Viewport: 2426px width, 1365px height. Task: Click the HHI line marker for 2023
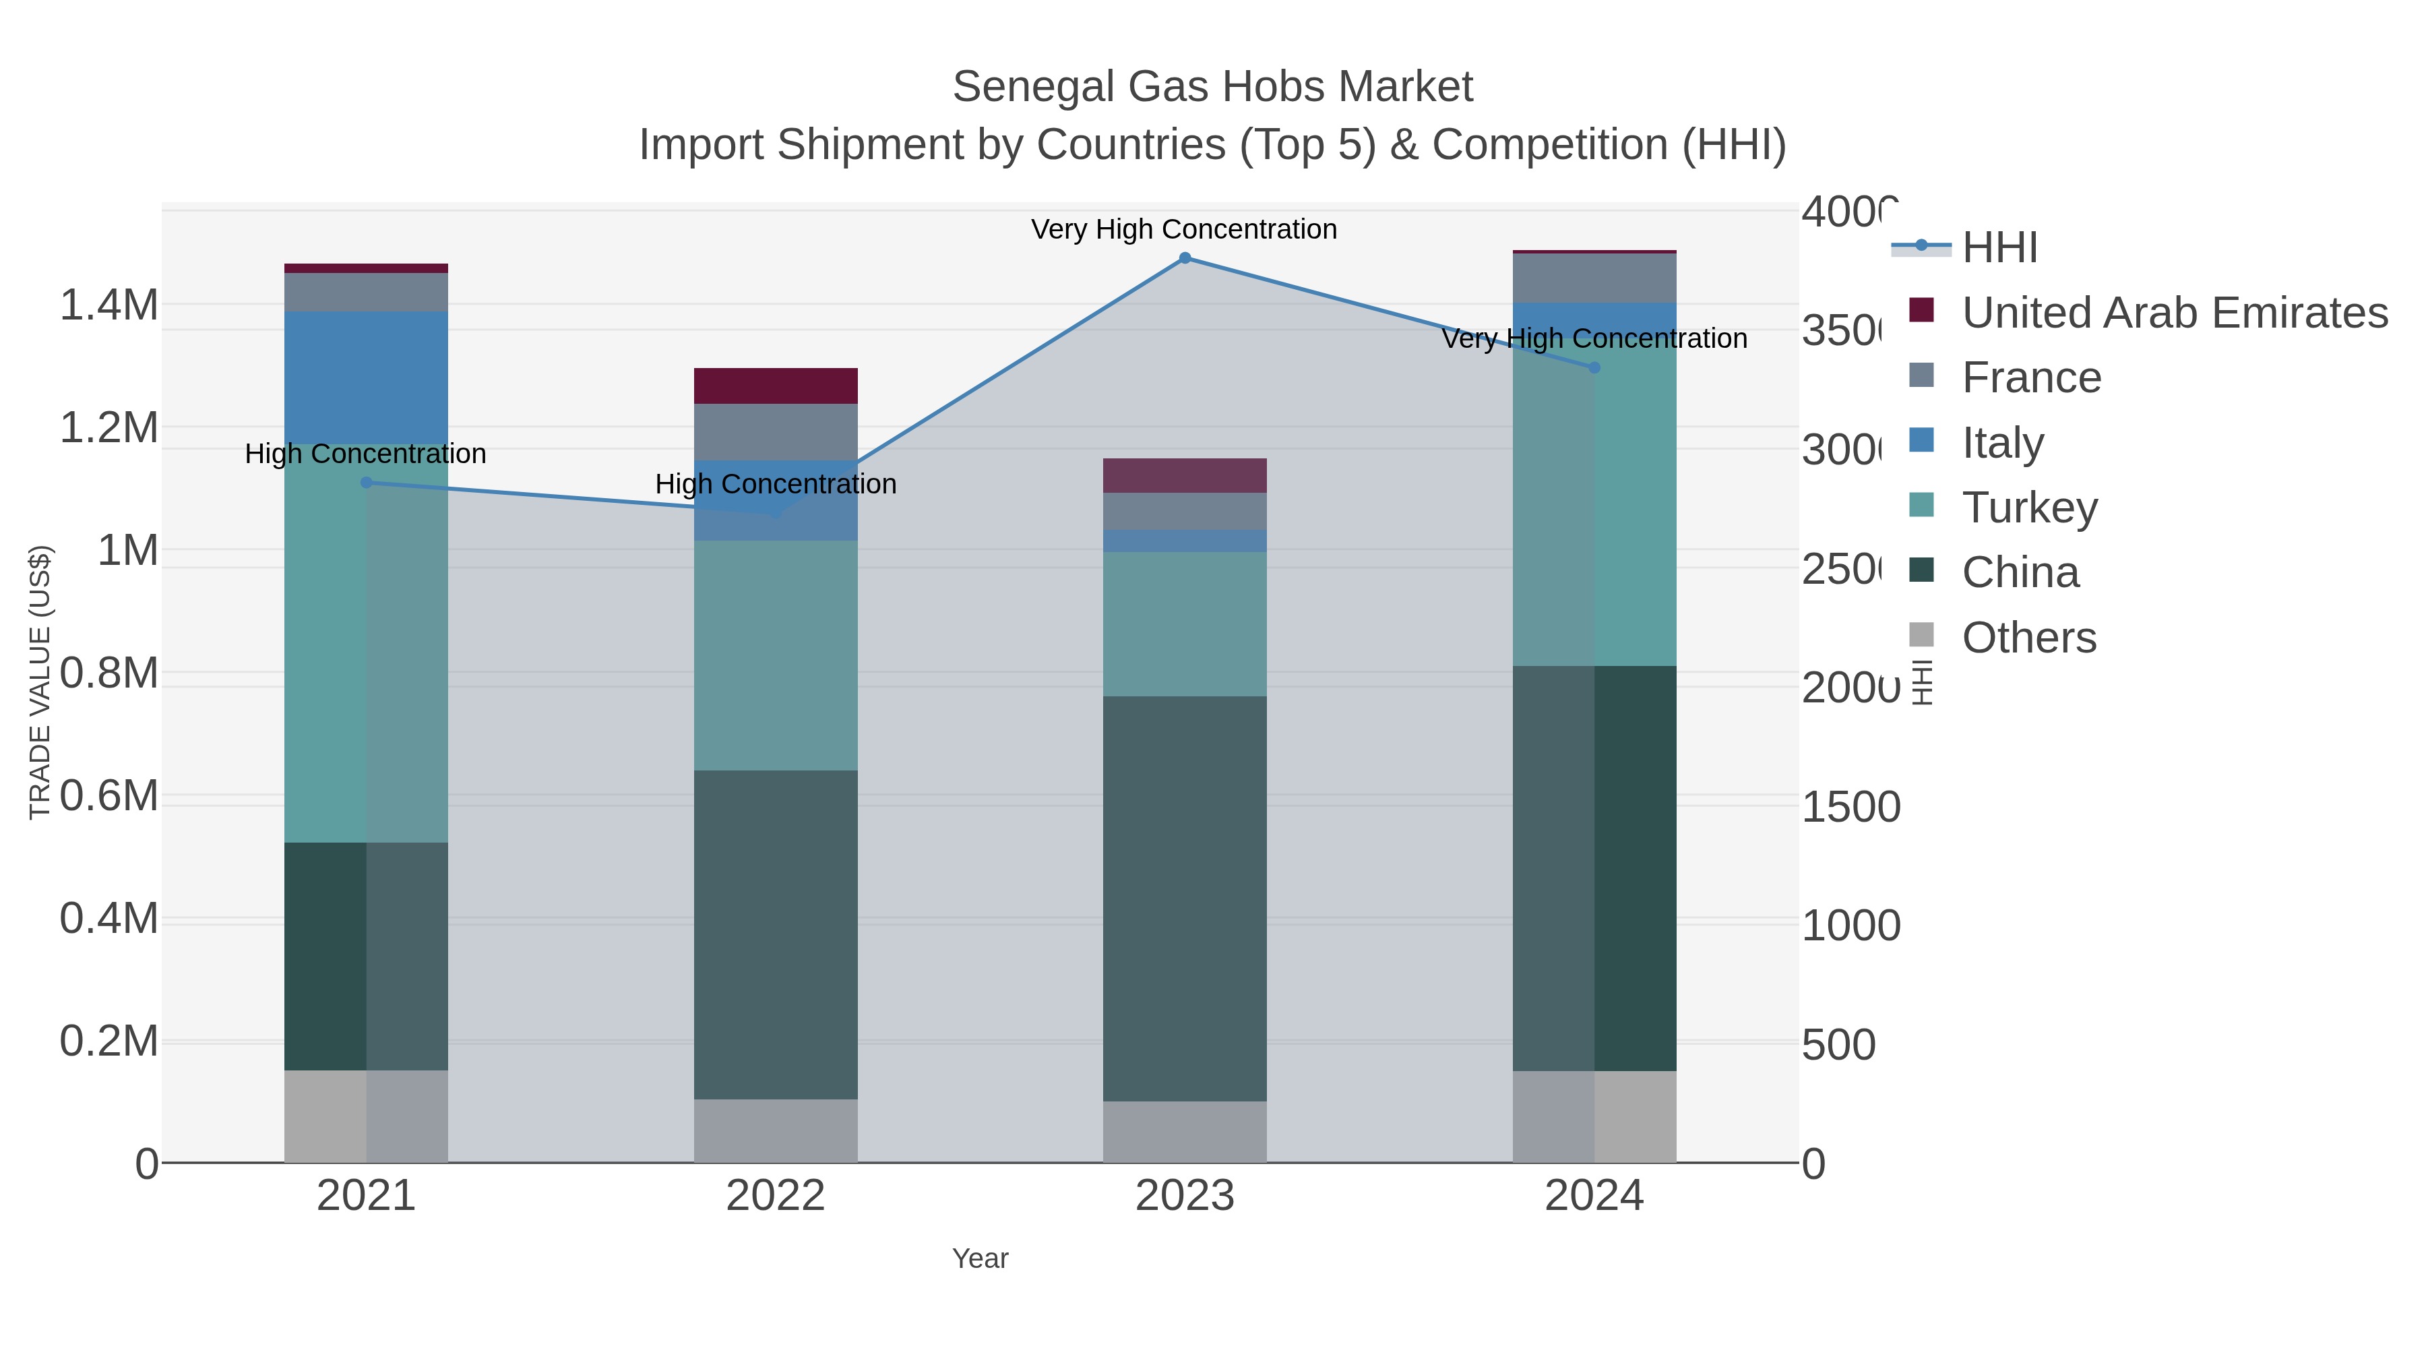point(1185,258)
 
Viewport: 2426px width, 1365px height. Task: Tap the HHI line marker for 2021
point(367,483)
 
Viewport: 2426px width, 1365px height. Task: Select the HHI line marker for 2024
point(1594,367)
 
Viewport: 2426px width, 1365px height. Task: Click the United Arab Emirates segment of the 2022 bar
point(775,386)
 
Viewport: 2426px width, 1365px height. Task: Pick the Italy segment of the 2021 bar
point(367,377)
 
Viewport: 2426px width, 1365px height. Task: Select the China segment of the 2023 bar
point(1185,898)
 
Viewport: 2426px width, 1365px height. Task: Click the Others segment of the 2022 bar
point(775,1130)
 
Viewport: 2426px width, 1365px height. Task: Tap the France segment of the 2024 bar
point(1594,278)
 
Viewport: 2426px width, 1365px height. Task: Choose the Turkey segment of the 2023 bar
point(1185,624)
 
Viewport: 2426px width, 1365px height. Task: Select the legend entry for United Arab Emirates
point(2173,313)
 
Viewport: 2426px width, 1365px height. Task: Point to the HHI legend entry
point(1999,248)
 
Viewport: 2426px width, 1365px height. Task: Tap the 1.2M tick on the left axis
point(109,427)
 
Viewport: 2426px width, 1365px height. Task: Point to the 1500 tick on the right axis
point(1850,808)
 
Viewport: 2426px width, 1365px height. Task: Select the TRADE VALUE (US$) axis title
point(40,682)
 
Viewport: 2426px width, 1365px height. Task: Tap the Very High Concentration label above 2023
point(1184,230)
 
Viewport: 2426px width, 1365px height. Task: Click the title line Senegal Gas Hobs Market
point(1212,88)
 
